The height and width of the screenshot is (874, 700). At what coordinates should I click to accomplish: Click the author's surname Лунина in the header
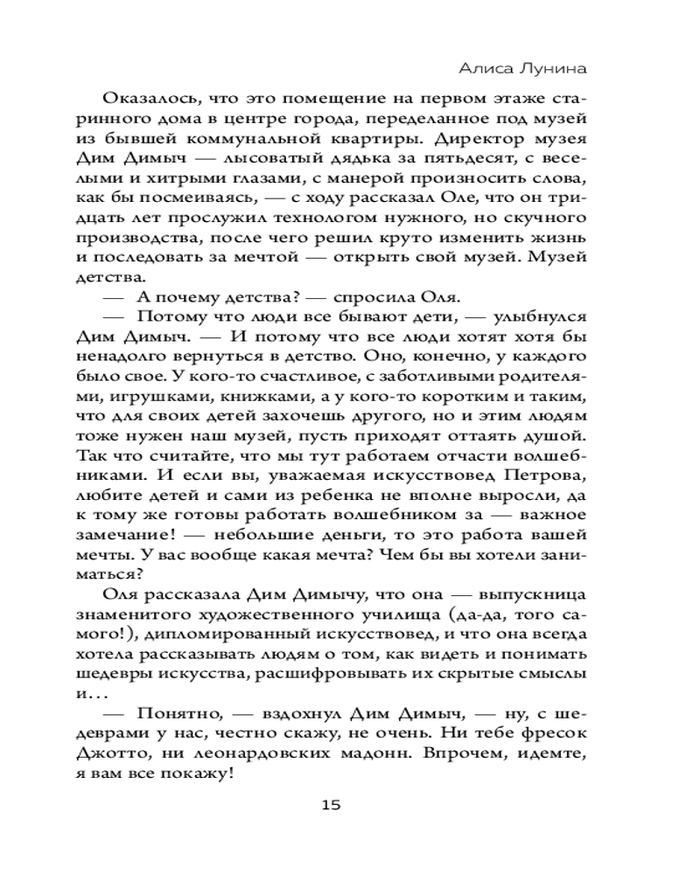(x=555, y=68)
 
